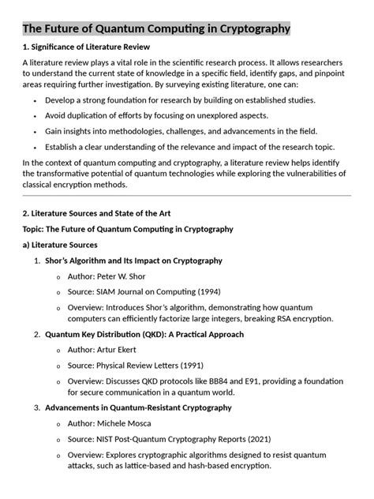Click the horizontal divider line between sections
[x=187, y=196]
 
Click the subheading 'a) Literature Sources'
[x=60, y=245]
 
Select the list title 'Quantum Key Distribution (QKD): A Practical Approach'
[x=144, y=334]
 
